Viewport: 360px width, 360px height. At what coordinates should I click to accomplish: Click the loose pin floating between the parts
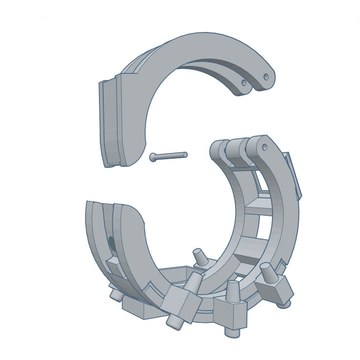(x=169, y=156)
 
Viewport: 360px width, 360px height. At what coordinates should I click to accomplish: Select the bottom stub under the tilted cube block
(x=174, y=320)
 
